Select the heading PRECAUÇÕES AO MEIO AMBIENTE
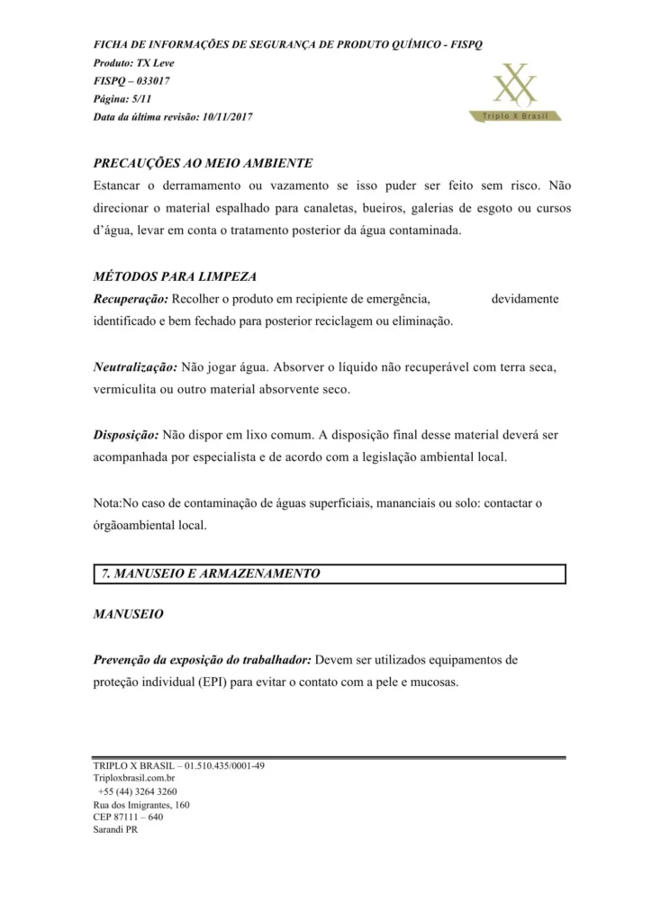[203, 163]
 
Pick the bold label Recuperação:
[131, 298]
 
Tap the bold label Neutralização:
[135, 367]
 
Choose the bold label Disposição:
[127, 434]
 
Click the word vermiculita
[126, 390]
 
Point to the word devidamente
[524, 298]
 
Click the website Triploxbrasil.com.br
[134, 777]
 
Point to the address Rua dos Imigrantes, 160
[140, 804]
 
